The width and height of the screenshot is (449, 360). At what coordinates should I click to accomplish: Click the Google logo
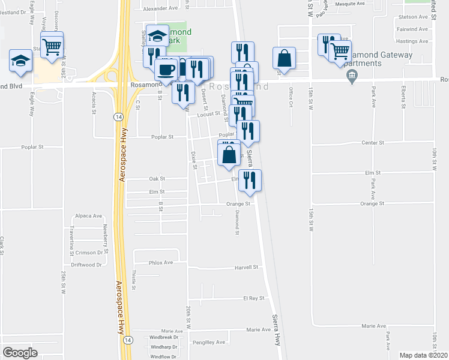pyautogui.click(x=20, y=353)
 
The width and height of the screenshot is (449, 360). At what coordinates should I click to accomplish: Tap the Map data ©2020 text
pyautogui.click(x=423, y=355)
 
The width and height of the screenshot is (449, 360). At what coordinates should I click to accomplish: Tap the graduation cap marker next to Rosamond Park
pyautogui.click(x=158, y=35)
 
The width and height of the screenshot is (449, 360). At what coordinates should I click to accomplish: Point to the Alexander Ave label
pyautogui.click(x=161, y=8)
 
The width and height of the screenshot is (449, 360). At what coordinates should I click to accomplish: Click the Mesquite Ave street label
pyautogui.click(x=351, y=4)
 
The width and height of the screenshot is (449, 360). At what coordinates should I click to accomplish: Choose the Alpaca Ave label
pyautogui.click(x=88, y=216)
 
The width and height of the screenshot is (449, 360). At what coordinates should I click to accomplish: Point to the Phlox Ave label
pyautogui.click(x=161, y=262)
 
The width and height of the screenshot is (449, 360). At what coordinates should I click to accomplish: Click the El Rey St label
pyautogui.click(x=253, y=298)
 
